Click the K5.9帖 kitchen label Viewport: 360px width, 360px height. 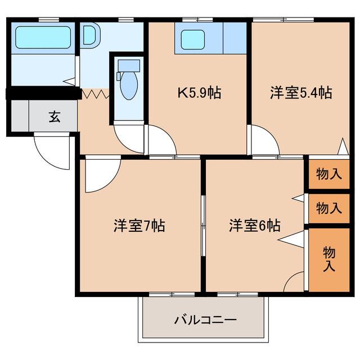(x=199, y=93)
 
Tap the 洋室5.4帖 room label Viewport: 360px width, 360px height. (x=300, y=93)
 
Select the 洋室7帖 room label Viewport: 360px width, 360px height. (x=139, y=226)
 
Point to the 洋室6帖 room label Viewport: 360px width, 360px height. (x=254, y=226)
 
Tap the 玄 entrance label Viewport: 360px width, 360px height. (x=54, y=117)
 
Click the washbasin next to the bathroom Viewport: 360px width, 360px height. (x=90, y=35)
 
